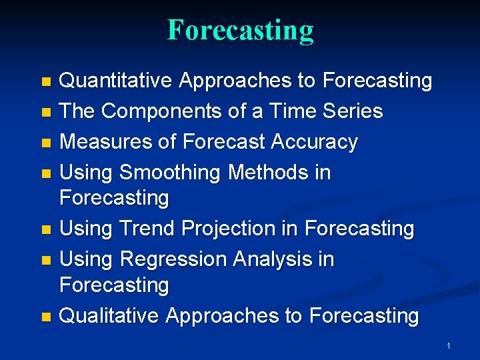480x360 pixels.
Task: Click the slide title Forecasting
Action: [x=240, y=31]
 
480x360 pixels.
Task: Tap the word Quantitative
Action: [x=115, y=81]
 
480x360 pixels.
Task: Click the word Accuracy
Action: [x=315, y=143]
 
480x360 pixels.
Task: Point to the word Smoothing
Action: [x=170, y=173]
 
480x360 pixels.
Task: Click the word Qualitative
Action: [x=109, y=315]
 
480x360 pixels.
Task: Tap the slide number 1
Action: [x=449, y=346]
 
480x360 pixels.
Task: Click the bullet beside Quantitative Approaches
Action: [x=46, y=82]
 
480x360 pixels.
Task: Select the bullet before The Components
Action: [x=46, y=113]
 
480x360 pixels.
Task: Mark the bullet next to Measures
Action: [x=46, y=143]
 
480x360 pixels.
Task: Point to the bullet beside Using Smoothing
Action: [x=46, y=173]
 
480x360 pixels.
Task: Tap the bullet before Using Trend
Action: [x=46, y=229]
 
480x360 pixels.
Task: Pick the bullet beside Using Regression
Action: [x=46, y=261]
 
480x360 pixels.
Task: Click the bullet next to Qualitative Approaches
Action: [x=46, y=317]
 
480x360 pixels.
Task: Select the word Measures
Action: [x=105, y=141]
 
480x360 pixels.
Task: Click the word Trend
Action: [x=147, y=228]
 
